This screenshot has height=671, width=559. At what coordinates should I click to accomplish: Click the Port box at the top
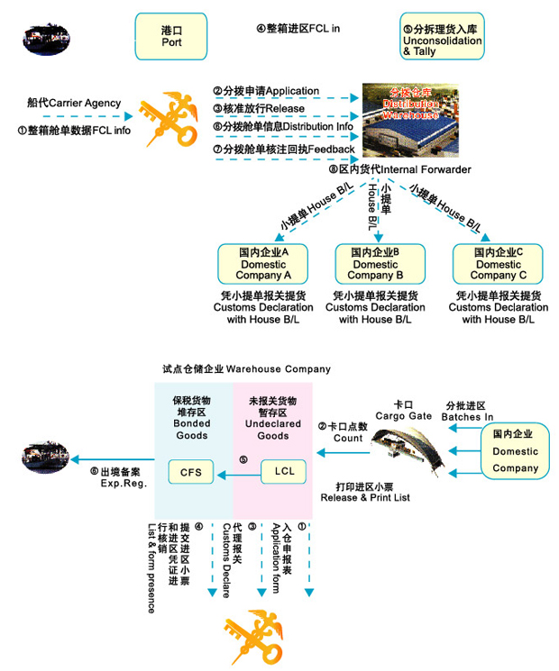click(x=171, y=36)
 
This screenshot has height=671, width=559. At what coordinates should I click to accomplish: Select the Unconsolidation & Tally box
click(x=443, y=36)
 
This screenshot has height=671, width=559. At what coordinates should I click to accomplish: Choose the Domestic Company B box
click(x=375, y=263)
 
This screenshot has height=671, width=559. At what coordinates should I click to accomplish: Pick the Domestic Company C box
click(x=499, y=263)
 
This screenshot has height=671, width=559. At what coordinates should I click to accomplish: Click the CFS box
click(x=191, y=471)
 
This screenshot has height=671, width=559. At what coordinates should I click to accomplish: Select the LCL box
click(x=283, y=471)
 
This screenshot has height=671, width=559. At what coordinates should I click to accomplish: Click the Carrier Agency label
click(x=74, y=104)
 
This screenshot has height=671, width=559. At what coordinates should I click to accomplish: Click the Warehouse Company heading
click(x=246, y=369)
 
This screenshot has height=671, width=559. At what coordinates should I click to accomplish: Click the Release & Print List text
click(x=366, y=492)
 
